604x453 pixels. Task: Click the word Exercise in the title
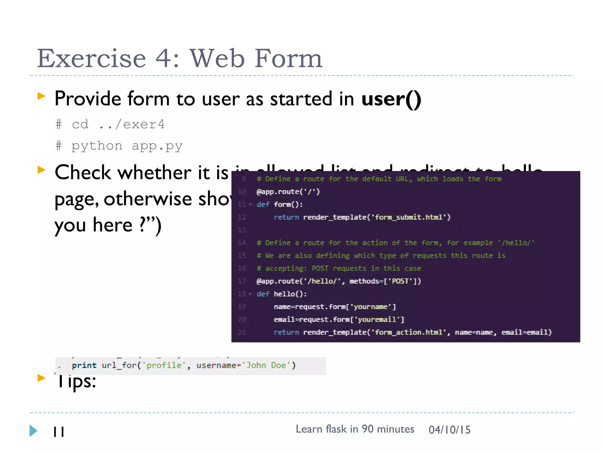tap(91, 58)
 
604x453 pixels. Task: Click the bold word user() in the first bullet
tap(391, 99)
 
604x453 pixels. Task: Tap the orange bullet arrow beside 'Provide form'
tap(42, 96)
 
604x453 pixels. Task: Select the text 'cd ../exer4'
tap(118, 124)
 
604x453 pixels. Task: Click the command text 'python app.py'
tap(127, 146)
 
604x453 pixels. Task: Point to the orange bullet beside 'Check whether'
tap(42, 170)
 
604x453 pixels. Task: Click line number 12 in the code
tap(242, 217)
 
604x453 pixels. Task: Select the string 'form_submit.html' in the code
tap(409, 217)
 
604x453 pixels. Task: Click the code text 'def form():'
tap(280, 204)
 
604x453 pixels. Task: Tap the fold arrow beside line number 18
tap(250, 294)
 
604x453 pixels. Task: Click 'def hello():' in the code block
tap(282, 294)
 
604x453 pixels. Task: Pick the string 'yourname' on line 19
tap(370, 307)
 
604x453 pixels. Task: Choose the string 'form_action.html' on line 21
tap(409, 332)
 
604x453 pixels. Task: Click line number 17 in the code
tap(242, 281)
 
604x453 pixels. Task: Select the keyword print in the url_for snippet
tap(84, 365)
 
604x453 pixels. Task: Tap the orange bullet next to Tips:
tap(42, 378)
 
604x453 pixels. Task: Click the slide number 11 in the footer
tap(59, 432)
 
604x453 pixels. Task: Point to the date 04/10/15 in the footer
tap(449, 430)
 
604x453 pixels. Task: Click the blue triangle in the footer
tap(33, 431)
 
